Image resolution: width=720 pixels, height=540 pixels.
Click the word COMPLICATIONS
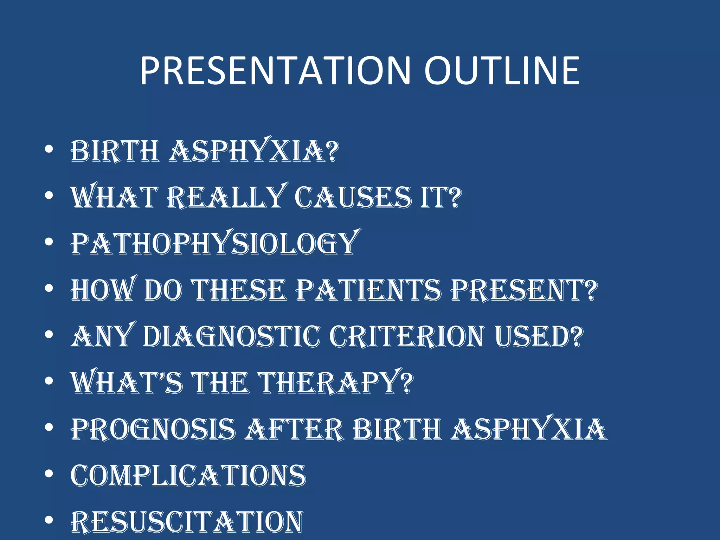188,475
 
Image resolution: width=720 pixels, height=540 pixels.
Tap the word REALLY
225,197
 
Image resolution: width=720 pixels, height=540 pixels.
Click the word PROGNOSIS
153,429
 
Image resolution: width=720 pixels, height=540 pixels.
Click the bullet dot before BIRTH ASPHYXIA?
49,149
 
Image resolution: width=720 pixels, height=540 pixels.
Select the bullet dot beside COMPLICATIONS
49,474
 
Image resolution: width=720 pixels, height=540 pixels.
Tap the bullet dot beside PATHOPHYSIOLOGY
49,242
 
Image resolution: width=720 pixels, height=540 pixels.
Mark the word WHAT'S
127,382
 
